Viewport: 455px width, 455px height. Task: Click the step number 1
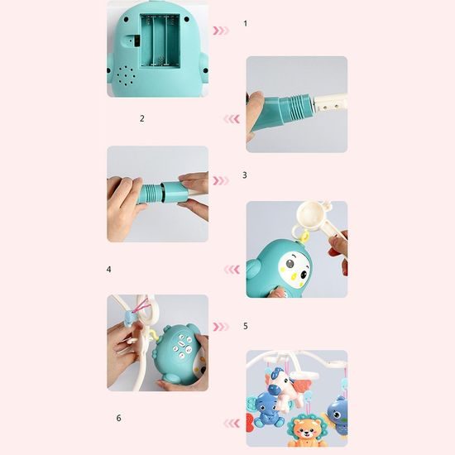coord(246,23)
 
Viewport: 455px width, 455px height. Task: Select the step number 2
coord(142,118)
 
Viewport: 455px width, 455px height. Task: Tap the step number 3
coord(245,175)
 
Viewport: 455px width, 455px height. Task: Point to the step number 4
coord(109,270)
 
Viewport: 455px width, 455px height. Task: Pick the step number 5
coord(246,326)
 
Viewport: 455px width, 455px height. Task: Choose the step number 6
coord(118,418)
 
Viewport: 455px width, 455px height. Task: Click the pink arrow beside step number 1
coord(221,31)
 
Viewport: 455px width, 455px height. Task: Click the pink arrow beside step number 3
coord(221,181)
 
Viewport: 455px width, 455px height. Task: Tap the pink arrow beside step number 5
coord(221,327)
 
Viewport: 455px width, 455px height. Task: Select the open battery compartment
coord(160,41)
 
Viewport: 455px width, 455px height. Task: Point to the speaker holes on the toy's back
coord(127,76)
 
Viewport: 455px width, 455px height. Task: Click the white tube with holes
coord(330,103)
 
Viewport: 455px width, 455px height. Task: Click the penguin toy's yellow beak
coord(294,274)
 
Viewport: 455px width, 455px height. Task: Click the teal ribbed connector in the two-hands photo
coord(150,193)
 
